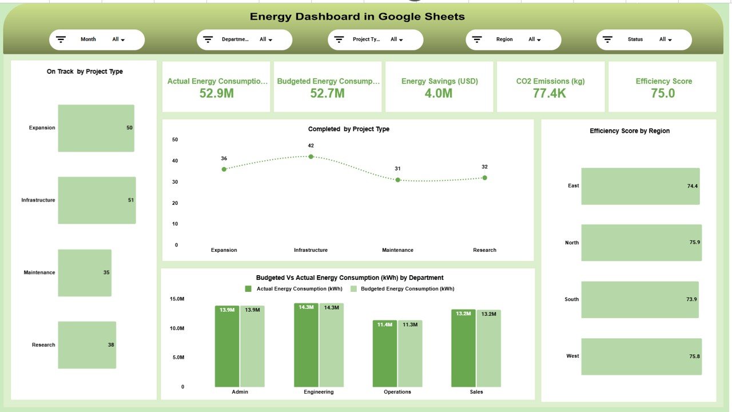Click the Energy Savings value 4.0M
439,93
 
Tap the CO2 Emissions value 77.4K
550,93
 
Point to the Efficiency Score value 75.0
663,93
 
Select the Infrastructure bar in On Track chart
97,200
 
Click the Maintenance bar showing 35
85,272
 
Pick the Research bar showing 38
87,344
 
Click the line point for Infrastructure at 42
311,156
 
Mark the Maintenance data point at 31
397,180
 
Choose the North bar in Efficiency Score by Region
641,243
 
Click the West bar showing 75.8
641,356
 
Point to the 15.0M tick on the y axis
177,299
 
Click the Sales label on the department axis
476,392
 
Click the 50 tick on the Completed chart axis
175,140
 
